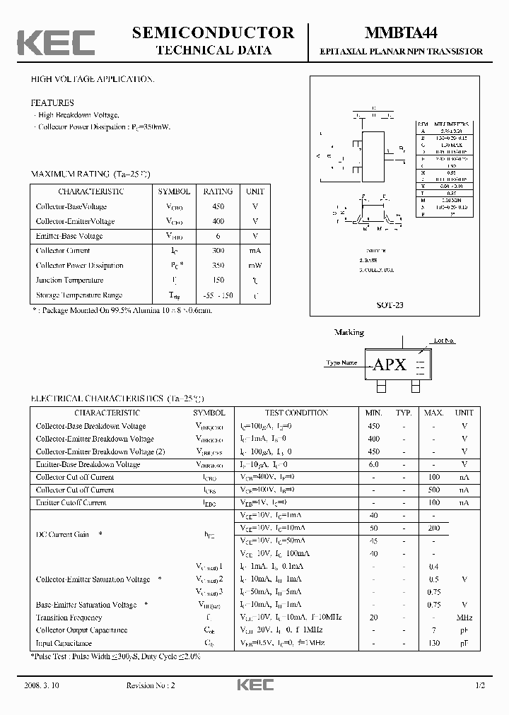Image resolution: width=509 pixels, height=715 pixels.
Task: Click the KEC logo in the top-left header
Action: [x=56, y=42]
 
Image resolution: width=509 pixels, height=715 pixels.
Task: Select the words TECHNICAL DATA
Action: [x=213, y=51]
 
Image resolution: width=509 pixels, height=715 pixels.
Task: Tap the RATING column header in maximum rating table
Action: [x=218, y=191]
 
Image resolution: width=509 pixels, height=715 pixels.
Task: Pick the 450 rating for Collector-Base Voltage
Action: [x=218, y=206]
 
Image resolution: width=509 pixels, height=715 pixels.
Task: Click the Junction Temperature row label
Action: [x=69, y=280]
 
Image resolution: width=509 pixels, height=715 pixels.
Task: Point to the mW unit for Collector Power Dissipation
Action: [x=255, y=266]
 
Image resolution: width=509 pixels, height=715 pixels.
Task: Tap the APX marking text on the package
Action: [x=390, y=365]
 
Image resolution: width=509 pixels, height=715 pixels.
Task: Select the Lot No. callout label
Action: [x=444, y=341]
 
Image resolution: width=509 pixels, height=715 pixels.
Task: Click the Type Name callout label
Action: [x=341, y=363]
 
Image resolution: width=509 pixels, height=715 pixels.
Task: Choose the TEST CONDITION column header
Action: [x=296, y=413]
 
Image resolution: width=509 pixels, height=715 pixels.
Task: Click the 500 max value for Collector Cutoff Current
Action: [x=433, y=490]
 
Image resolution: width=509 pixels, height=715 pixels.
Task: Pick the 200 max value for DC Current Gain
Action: [x=433, y=528]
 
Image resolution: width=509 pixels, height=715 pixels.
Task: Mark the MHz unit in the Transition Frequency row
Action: [x=464, y=617]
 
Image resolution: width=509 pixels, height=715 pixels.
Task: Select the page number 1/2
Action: [x=479, y=686]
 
